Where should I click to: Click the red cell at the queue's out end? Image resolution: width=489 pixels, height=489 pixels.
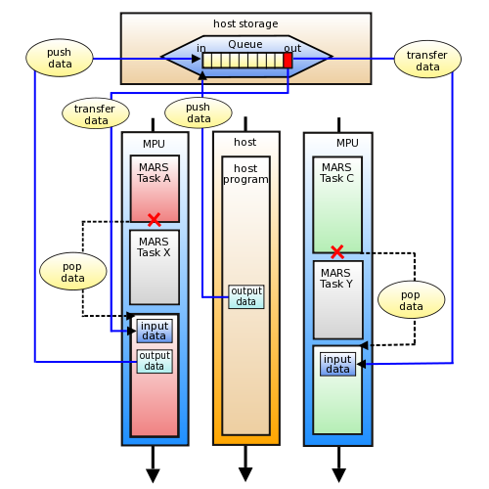[x=288, y=60]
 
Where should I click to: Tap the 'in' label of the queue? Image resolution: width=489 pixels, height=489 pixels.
[x=201, y=48]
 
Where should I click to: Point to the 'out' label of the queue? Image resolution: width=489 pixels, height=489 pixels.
[x=292, y=48]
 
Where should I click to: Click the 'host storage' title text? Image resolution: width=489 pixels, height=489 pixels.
[x=245, y=23]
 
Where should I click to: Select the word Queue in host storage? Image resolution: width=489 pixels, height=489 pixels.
[x=245, y=44]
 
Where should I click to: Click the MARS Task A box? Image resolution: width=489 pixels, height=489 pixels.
[x=155, y=188]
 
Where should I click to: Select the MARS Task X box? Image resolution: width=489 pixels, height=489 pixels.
[x=155, y=267]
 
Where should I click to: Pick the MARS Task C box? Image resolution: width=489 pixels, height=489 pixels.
[x=337, y=204]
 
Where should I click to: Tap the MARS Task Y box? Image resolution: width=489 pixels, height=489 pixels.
[x=337, y=299]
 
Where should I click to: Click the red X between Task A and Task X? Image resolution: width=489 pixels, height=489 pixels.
[x=154, y=219]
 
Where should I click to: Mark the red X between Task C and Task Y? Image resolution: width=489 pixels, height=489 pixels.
[x=337, y=251]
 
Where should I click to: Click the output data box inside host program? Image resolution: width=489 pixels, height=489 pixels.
[x=245, y=296]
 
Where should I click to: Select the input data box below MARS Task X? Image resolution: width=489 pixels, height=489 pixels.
[x=155, y=331]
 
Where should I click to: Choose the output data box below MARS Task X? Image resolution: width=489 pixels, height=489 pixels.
[x=155, y=361]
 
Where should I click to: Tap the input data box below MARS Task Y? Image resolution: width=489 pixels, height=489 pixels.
[x=337, y=364]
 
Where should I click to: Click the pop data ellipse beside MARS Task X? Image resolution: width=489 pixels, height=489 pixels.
[x=73, y=271]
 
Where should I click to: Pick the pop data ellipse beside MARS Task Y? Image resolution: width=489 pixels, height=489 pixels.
[x=411, y=299]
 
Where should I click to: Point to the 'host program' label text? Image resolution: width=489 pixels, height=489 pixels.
[x=245, y=174]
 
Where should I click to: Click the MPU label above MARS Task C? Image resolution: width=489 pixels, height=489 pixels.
[x=347, y=143]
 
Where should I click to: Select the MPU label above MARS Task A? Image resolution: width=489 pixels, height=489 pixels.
[x=155, y=144]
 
